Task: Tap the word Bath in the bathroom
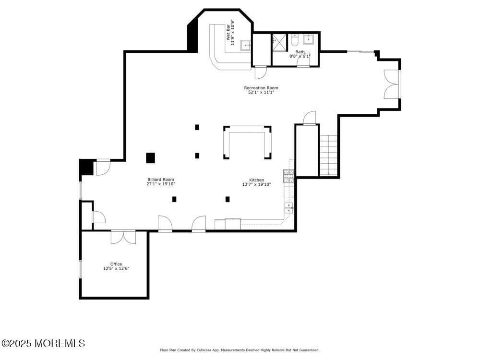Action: (300, 52)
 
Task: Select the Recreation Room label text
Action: (261, 88)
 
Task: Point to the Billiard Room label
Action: (160, 180)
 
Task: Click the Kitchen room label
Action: (256, 180)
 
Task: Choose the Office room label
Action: (116, 264)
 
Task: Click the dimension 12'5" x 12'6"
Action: (116, 269)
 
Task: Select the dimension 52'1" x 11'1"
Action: (261, 92)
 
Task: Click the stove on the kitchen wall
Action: (288, 176)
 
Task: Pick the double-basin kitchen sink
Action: (288, 208)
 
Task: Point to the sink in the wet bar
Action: (246, 45)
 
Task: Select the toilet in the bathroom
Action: (295, 40)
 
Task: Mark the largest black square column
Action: (150, 158)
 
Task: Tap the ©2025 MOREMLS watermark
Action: (43, 343)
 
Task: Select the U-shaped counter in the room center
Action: (247, 142)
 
